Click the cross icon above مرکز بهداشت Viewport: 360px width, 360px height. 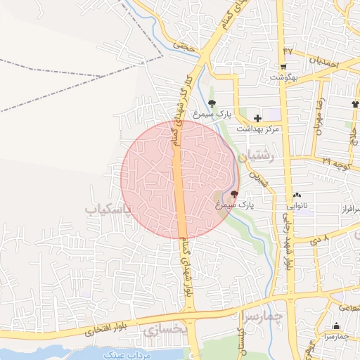click(257, 118)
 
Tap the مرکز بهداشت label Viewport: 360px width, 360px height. click(257, 129)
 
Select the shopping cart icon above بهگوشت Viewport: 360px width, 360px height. click(283, 67)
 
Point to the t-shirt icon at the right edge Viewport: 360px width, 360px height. click(355, 105)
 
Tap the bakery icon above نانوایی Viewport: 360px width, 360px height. click(296, 196)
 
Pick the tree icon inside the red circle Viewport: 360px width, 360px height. click(234, 193)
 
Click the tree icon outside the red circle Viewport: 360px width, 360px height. click(222, 103)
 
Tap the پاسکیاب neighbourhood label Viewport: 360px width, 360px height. click(108, 210)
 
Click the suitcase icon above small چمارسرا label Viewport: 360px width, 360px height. click(335, 326)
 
